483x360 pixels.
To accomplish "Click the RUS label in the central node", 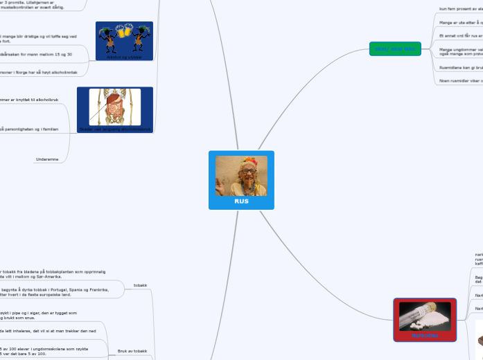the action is click(241, 201).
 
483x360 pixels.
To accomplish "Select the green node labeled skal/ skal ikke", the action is click(395, 48).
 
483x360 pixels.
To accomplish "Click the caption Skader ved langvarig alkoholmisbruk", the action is click(115, 129).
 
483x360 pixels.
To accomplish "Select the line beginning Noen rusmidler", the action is click(460, 80).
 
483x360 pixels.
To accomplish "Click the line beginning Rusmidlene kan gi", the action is click(460, 68).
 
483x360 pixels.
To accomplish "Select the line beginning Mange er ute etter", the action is click(460, 22).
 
